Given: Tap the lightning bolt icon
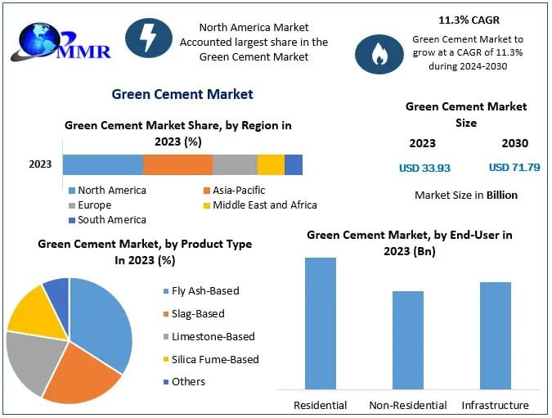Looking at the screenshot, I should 148,38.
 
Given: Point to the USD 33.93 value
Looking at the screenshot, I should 424,168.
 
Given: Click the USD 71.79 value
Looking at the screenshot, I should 514,168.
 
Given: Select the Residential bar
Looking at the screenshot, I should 321,322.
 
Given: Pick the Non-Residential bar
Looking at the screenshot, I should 408,339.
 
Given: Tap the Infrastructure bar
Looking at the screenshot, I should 496,335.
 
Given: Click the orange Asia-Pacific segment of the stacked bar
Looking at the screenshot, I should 177,164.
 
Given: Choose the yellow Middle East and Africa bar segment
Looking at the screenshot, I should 271,164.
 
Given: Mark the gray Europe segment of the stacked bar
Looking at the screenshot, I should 235,164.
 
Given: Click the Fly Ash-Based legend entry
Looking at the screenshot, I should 205,290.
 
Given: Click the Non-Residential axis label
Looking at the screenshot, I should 408,405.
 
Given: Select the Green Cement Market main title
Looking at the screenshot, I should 182,94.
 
